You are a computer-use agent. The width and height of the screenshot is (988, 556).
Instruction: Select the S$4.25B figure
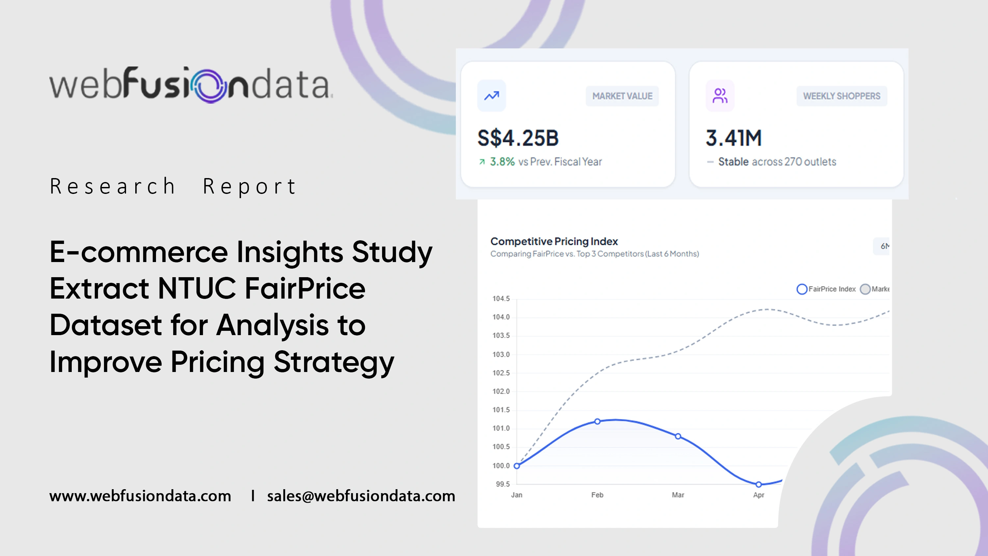[x=518, y=138]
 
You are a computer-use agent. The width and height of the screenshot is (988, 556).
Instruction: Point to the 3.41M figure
[x=733, y=138]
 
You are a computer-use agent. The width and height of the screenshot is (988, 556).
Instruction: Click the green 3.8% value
[x=502, y=162]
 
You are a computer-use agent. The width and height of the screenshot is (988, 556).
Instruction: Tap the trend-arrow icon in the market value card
[x=491, y=95]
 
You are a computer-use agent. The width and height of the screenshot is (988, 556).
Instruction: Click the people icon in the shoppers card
[x=720, y=95]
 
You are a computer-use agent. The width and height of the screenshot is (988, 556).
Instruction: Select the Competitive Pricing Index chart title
[x=554, y=241]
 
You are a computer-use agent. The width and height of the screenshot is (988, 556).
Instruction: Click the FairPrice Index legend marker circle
[x=802, y=289]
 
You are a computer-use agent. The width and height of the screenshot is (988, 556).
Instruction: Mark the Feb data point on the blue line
[x=597, y=421]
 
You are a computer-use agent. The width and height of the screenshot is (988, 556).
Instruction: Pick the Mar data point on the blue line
[x=678, y=436]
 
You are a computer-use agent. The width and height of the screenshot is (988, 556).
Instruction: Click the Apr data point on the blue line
[x=758, y=484]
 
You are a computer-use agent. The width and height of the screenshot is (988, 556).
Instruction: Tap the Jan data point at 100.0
[x=517, y=466]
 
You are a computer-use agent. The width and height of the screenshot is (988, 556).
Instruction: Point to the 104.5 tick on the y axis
[x=501, y=299]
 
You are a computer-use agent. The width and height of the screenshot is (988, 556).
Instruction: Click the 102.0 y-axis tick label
[x=501, y=391]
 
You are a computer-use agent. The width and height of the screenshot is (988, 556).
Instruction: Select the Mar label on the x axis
[x=678, y=495]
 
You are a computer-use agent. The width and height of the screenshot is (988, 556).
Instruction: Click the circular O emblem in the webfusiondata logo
[x=210, y=86]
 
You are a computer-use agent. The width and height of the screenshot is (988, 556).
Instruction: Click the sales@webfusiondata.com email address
[x=361, y=496]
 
